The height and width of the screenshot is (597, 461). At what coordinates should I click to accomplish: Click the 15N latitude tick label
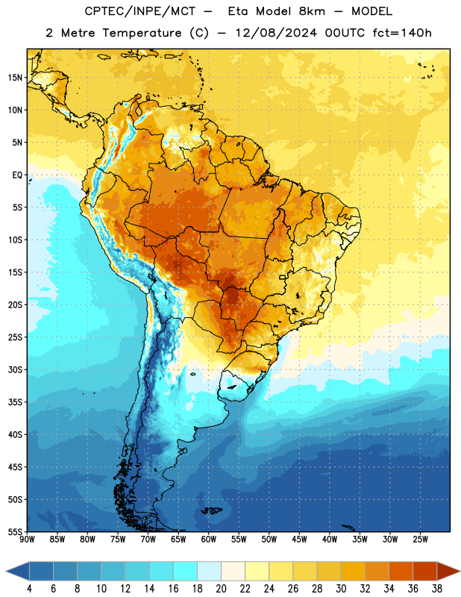click(x=15, y=78)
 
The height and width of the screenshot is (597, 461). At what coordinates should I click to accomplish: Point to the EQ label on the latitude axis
click(x=17, y=175)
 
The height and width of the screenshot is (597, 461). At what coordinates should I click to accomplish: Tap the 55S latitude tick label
click(x=15, y=531)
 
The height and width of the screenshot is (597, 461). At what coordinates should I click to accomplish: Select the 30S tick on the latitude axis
click(x=15, y=369)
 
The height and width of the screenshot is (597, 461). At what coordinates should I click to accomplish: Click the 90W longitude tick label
click(x=28, y=540)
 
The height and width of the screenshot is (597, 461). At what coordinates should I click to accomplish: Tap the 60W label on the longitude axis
click(x=209, y=540)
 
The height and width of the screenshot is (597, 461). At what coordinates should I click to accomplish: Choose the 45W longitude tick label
click(x=300, y=540)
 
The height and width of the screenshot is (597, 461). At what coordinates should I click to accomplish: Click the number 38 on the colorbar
click(x=436, y=589)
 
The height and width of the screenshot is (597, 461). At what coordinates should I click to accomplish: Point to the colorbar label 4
click(x=29, y=589)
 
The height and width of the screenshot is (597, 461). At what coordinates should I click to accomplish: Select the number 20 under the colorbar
click(x=221, y=589)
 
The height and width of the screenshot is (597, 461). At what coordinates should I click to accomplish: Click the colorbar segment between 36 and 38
click(x=425, y=572)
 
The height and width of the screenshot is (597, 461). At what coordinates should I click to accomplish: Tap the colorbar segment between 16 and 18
click(x=185, y=572)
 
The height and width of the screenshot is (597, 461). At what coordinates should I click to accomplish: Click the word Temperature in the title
click(x=142, y=33)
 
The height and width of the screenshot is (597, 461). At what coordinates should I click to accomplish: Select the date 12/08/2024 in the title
click(x=276, y=33)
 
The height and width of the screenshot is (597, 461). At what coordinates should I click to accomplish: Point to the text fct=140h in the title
click(x=402, y=33)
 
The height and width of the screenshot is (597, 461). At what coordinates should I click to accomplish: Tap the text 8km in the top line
click(x=312, y=11)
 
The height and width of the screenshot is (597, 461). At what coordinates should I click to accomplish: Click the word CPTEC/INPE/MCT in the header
click(x=139, y=11)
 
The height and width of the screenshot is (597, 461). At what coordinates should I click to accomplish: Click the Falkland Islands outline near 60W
click(x=212, y=510)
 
